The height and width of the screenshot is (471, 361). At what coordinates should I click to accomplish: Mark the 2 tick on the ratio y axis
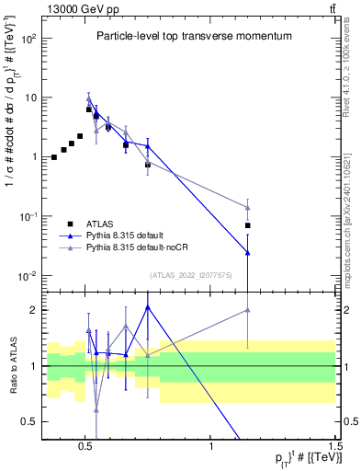[x=33, y=310]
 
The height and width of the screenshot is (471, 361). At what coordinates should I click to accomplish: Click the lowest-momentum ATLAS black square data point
[x=54, y=157]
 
